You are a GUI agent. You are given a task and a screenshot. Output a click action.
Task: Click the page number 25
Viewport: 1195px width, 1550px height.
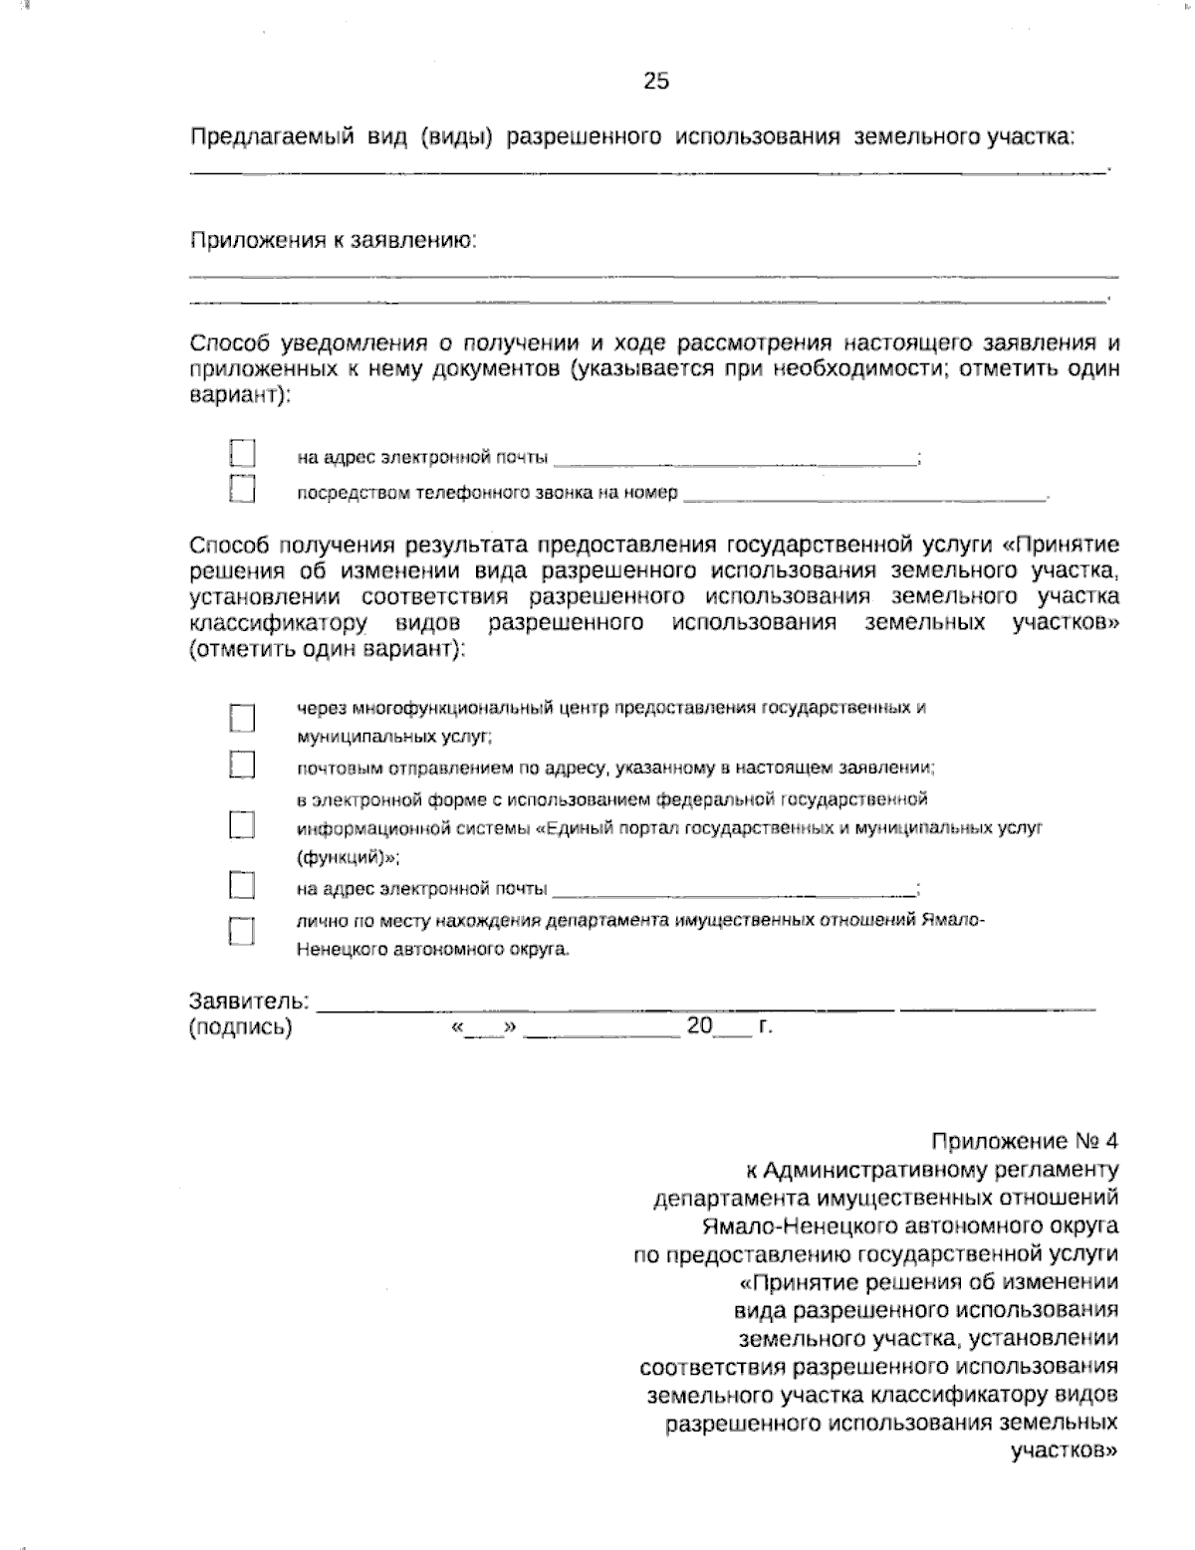(656, 82)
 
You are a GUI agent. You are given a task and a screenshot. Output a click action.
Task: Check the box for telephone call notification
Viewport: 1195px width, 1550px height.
(242, 489)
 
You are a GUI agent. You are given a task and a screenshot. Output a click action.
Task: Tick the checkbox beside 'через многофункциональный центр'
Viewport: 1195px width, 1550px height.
(242, 718)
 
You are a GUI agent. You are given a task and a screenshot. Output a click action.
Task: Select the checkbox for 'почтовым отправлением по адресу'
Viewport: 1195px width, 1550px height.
(242, 765)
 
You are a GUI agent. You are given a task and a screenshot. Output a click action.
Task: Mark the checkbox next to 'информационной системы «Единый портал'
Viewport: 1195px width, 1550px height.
(242, 825)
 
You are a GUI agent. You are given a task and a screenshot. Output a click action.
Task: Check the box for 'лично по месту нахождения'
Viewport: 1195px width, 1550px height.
(242, 931)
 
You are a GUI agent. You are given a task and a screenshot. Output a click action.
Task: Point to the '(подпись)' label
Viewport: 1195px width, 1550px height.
(240, 1027)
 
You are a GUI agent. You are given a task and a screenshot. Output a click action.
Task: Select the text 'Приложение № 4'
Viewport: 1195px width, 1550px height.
(1025, 1140)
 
